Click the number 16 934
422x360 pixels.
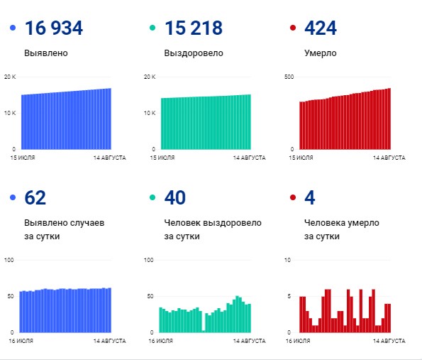[54, 28]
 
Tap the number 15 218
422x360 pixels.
[193, 28]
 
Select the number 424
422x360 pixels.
[320, 28]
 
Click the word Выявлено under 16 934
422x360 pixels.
[46, 53]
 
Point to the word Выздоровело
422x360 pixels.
[194, 53]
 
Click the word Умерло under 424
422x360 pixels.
[320, 53]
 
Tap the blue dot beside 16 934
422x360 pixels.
[12, 28]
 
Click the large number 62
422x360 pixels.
[35, 198]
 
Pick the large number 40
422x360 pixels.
[175, 198]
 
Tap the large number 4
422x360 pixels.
[309, 198]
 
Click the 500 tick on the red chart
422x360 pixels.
[288, 76]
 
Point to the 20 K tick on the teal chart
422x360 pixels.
[149, 76]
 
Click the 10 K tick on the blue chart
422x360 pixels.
[9, 113]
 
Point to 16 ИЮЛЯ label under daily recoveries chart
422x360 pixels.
[162, 342]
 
